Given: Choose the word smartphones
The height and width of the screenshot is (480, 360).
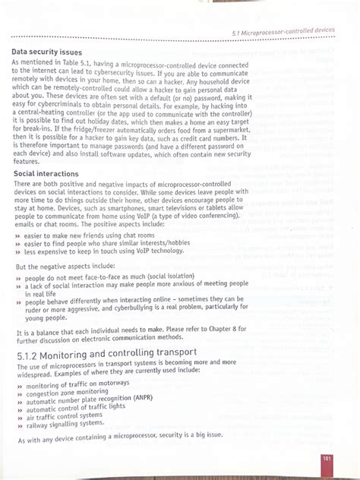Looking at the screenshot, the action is (112, 207).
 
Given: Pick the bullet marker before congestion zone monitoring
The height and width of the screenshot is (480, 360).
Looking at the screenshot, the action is (18, 393).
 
